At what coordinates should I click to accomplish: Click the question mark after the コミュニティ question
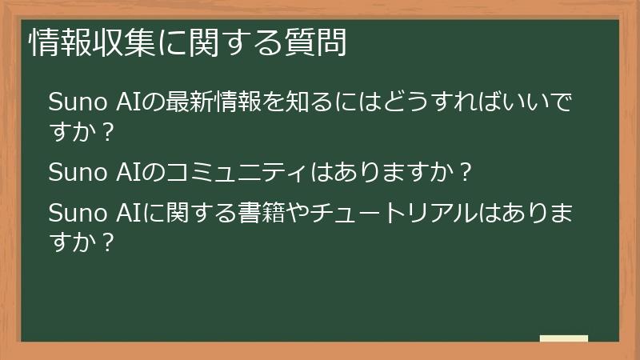467,172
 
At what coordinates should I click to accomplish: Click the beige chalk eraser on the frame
564,339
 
